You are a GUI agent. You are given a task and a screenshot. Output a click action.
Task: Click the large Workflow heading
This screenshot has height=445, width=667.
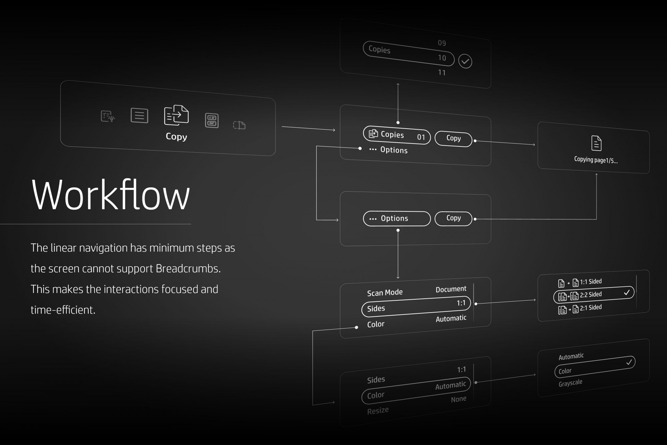[110, 195]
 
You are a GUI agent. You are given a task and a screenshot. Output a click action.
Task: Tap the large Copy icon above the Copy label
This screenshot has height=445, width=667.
[176, 115]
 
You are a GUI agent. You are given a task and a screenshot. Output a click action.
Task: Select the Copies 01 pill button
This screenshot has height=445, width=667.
[396, 135]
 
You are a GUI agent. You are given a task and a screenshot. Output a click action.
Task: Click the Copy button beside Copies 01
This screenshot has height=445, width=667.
[453, 139]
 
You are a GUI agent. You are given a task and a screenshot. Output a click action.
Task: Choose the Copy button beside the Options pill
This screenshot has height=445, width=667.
[453, 218]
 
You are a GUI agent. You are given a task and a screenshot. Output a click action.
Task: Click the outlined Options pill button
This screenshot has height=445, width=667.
[396, 219]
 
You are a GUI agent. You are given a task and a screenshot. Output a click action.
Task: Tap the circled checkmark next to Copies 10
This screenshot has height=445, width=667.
[465, 62]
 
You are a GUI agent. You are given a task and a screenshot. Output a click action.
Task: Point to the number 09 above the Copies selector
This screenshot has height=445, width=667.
[442, 43]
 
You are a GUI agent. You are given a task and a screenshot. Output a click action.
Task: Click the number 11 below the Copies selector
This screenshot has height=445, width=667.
[442, 73]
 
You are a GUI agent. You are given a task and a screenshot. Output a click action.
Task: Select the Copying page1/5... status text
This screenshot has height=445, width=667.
[595, 160]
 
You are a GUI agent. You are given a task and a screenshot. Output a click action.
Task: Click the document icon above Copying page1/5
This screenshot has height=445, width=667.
[596, 143]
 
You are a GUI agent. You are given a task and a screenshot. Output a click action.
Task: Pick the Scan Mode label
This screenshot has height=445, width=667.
[385, 293]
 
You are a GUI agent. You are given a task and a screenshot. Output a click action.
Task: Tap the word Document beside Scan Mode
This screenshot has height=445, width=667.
[451, 289]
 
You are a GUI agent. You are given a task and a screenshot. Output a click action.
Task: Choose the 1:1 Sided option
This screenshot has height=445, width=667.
[590, 282]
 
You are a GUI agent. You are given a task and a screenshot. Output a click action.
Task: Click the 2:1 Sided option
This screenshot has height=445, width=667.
[590, 308]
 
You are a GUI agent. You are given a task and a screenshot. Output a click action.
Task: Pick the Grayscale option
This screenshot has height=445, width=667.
[570, 383]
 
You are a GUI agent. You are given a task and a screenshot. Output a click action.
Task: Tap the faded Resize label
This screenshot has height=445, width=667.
[378, 411]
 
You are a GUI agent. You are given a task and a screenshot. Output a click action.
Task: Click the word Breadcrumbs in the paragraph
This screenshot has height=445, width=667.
[188, 269]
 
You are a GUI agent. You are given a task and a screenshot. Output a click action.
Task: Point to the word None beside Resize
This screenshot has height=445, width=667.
[459, 399]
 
